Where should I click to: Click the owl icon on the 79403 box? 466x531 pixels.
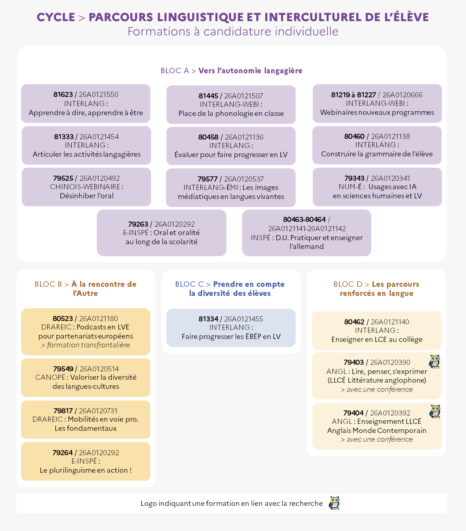pos(434,362)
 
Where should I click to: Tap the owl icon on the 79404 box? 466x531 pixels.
pos(435,411)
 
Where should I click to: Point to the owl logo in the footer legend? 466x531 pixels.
pos(334,503)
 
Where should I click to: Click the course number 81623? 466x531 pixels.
pos(63,94)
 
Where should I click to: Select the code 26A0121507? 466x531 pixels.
pos(244,96)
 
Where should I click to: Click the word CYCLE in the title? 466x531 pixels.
pos(56,17)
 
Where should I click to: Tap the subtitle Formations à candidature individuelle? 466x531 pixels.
pos(233,31)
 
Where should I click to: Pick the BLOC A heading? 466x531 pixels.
pos(232,70)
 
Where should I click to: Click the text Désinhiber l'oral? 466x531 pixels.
pos(86,196)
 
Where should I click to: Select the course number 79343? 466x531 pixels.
pos(354,178)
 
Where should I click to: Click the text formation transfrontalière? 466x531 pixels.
pos(88,345)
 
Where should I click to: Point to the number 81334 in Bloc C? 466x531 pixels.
pos(208,319)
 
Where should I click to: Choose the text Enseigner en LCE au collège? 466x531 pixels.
pos(377,339)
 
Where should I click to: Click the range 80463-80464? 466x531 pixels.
pos(304,219)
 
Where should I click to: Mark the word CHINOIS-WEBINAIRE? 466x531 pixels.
pos(85,187)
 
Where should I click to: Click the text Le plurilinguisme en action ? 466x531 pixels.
pos(86,470)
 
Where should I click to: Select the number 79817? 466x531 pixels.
pos(63,411)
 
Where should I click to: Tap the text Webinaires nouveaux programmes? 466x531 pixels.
pos(377,113)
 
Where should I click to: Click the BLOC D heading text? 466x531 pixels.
pos(376,289)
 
